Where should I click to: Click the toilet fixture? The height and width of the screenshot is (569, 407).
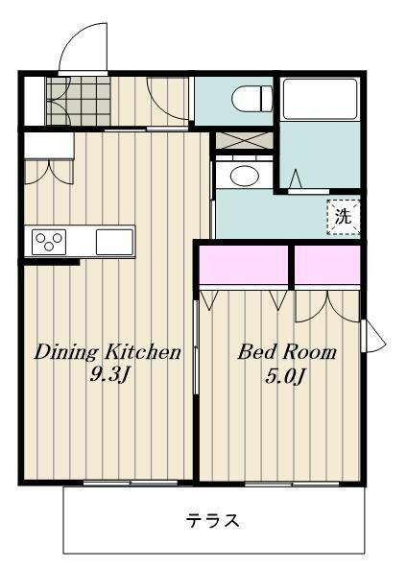251,98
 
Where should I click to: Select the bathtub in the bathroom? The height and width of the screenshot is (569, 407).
320,99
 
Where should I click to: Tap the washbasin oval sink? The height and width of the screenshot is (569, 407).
245,176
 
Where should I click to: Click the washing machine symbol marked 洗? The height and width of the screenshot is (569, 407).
343,217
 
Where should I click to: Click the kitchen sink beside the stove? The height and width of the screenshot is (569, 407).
115,242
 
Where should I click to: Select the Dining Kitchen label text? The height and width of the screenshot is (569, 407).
108,352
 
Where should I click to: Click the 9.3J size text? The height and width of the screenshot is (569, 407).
108,375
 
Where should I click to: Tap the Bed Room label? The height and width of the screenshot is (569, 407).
287,352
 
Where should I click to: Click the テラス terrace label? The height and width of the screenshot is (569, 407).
213,521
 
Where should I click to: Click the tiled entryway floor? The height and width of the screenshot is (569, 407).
79,101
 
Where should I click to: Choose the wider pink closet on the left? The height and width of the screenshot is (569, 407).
244,265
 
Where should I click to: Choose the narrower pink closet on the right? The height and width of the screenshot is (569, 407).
327,265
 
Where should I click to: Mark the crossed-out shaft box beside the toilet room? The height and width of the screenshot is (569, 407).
244,140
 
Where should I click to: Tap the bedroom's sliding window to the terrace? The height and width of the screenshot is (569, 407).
292,484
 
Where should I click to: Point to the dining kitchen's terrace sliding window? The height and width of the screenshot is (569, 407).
131,483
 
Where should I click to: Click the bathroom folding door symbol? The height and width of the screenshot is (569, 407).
297,179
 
